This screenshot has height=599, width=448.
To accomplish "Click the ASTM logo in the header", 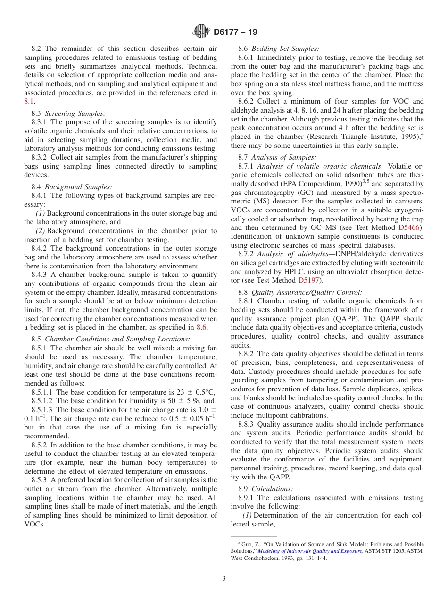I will tap(201, 32).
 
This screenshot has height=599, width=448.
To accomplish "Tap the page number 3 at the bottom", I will tap(224, 578).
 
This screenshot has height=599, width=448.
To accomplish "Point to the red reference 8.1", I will tap(29, 101).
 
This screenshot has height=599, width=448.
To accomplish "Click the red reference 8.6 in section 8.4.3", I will tap(201, 327).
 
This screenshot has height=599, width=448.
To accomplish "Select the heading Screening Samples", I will tap(75, 113).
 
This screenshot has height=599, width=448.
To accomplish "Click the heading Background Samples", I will tap(78, 187).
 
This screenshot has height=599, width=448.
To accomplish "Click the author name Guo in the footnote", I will tap(247, 544).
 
